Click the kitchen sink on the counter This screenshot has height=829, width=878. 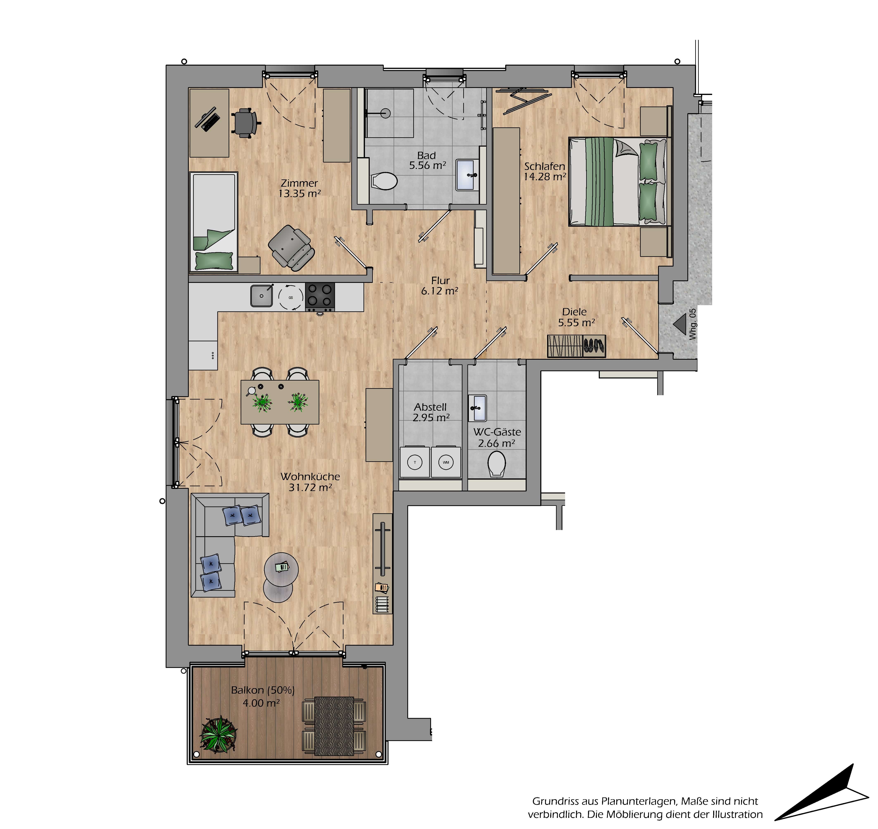262,296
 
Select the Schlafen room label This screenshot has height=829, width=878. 545,166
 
